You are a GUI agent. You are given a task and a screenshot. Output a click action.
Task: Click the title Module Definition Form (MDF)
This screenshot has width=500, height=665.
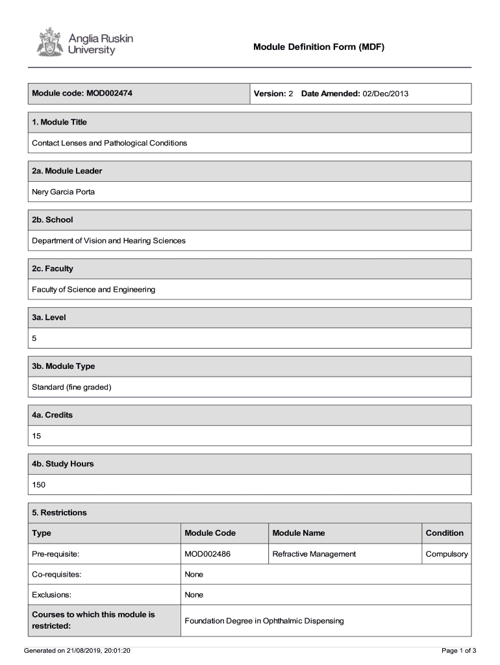point(319,47)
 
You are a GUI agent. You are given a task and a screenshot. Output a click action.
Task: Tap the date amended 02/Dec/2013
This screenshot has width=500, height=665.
point(385,94)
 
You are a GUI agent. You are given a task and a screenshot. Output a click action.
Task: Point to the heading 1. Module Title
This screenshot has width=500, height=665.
point(59,122)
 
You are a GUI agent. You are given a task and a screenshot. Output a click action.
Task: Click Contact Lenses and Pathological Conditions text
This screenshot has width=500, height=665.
point(109,143)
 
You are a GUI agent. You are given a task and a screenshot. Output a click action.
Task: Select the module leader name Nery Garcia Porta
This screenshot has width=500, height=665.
point(63,192)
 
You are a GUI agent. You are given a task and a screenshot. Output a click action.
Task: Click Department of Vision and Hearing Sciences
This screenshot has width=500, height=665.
point(108,240)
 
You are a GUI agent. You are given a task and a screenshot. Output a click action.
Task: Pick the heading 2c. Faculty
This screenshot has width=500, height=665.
point(53,268)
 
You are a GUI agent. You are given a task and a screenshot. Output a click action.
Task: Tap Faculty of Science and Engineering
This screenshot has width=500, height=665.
point(94,289)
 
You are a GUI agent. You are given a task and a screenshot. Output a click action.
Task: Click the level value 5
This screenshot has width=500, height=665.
point(34,338)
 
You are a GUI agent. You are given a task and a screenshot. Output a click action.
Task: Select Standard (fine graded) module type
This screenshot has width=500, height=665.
point(71,387)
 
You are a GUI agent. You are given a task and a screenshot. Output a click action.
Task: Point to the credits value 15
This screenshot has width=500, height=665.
point(36,436)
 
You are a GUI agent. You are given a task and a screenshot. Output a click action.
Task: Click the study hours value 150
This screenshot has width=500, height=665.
point(39,484)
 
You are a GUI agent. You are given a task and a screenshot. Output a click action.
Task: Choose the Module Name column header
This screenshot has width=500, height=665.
point(299,533)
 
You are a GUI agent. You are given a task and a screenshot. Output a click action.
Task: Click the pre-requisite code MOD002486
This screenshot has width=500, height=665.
point(208,554)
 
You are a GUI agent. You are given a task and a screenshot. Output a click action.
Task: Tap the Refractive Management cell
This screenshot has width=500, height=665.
point(314,554)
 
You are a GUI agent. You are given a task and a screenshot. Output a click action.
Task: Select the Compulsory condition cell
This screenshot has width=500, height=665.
point(446,554)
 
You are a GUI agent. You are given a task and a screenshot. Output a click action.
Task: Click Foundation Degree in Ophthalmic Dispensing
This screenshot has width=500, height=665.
point(264,621)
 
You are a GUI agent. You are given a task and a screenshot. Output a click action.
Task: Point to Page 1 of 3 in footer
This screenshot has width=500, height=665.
point(459,650)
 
